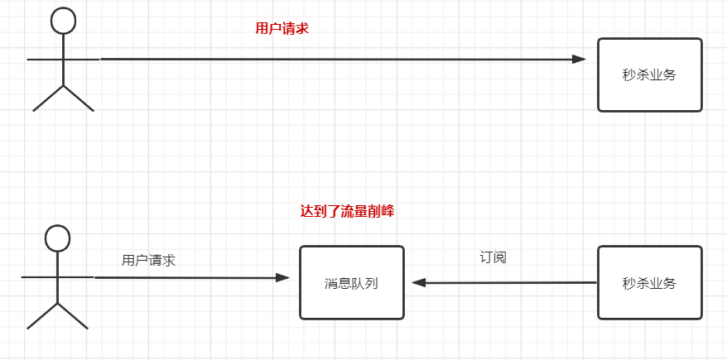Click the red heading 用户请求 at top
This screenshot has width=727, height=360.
tap(282, 28)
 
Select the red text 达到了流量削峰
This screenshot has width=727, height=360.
tap(347, 211)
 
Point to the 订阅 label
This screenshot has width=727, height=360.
tap(493, 257)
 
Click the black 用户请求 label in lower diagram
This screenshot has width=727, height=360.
tap(148, 260)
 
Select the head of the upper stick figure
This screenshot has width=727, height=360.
tap(63, 21)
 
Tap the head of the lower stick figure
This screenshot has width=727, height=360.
tap(57, 238)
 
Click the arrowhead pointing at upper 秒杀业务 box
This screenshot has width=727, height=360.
tap(579, 60)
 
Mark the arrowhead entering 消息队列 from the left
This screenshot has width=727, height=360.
tap(283, 278)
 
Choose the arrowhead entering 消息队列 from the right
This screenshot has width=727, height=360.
tap(419, 283)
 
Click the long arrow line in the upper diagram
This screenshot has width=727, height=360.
tap(331, 60)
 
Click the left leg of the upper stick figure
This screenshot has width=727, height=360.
tap(48, 98)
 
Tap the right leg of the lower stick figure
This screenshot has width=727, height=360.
tap(73, 316)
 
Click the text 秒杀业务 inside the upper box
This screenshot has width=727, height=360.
tap(649, 74)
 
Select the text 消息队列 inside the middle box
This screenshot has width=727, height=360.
tap(351, 283)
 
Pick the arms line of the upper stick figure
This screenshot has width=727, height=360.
tap(63, 60)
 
